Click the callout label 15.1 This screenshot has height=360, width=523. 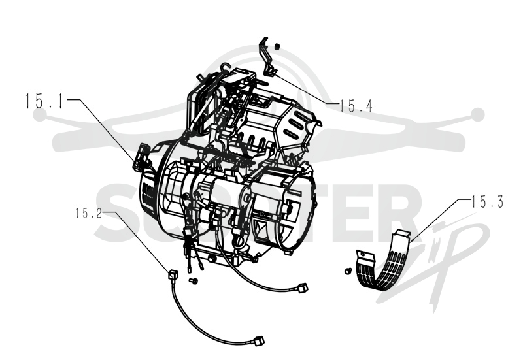(44, 101)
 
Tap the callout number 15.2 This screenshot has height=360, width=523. (88, 214)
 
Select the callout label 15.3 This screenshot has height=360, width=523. (487, 202)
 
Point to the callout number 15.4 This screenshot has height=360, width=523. (356, 106)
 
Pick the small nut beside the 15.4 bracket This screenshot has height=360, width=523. (277, 46)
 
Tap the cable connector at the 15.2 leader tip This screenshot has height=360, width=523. (174, 275)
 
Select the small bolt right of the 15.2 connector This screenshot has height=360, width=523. (193, 281)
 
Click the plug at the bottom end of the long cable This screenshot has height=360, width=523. (260, 340)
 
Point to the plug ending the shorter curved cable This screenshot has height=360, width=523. (303, 287)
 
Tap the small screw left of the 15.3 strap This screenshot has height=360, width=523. (348, 271)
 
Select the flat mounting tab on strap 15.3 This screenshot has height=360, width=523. (366, 255)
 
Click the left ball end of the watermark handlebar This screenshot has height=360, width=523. (40, 115)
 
